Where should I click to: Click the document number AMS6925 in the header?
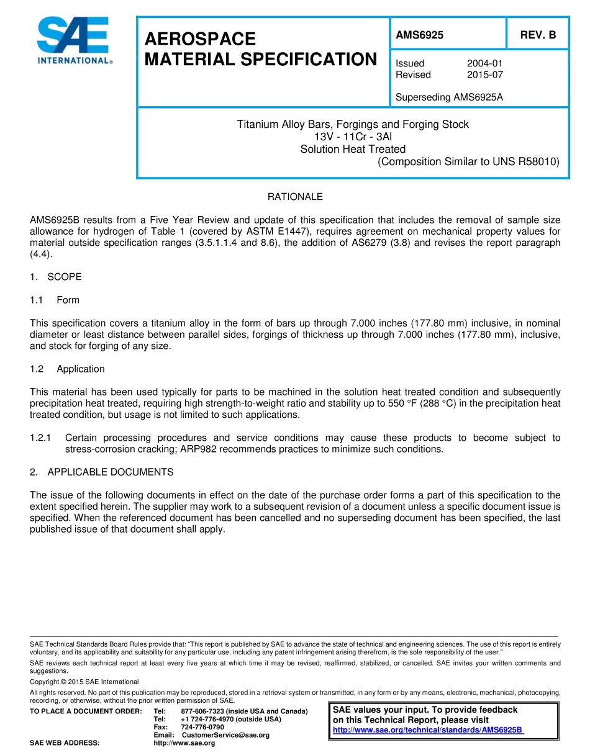point(419,35)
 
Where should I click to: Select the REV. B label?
point(538,35)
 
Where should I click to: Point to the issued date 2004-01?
point(484,63)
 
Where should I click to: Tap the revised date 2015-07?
point(484,74)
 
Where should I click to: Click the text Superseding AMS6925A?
point(449,97)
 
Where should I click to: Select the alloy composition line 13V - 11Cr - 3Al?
point(353,137)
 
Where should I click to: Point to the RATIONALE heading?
point(295,197)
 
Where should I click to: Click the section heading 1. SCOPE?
point(56,277)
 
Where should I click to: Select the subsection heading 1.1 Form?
point(55,300)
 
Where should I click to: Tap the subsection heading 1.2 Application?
point(67,369)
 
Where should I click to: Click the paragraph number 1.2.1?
point(41,438)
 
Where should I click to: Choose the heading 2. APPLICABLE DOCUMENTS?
point(101,472)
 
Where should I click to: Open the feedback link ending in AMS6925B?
point(428,730)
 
